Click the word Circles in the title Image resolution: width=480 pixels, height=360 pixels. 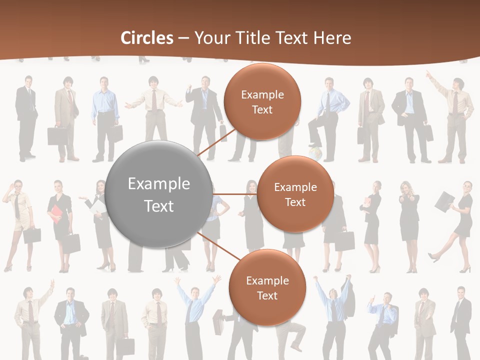point(147,38)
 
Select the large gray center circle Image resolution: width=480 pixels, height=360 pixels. point(159,194)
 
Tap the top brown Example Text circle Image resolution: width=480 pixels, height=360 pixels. point(262,101)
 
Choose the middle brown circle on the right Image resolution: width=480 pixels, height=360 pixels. point(295,194)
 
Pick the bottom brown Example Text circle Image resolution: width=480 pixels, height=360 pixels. point(267,287)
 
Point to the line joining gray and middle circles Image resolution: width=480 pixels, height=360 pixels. point(235,194)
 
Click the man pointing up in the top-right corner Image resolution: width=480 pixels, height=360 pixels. point(455,115)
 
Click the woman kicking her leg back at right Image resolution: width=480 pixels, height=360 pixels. point(456,225)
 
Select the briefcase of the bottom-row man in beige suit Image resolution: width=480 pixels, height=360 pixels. point(127,346)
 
